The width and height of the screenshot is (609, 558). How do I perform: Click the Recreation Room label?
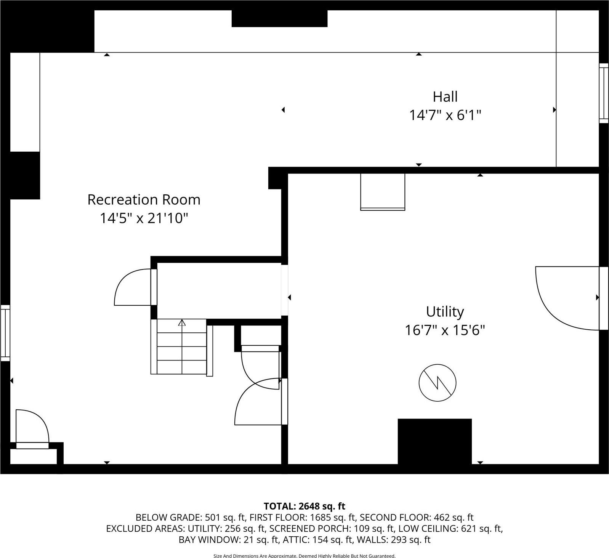144,200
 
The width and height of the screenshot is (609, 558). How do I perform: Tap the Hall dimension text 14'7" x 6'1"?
445,115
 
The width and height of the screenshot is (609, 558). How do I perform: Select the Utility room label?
445,311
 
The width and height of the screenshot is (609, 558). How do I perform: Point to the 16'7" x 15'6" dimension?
445,330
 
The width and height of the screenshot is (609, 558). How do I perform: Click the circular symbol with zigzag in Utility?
437,383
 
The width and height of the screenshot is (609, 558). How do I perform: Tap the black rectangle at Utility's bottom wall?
434,441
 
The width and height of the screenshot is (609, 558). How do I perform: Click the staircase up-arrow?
182,323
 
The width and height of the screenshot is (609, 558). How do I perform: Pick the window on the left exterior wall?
5,333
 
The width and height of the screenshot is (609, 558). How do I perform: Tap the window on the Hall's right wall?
604,93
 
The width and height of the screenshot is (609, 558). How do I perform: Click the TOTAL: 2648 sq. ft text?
304,506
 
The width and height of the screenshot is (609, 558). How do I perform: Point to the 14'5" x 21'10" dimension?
144,218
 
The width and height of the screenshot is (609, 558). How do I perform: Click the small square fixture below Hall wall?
383,192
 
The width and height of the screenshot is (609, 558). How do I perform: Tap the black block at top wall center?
279,19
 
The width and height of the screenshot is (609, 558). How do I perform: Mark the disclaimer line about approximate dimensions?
304,556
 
